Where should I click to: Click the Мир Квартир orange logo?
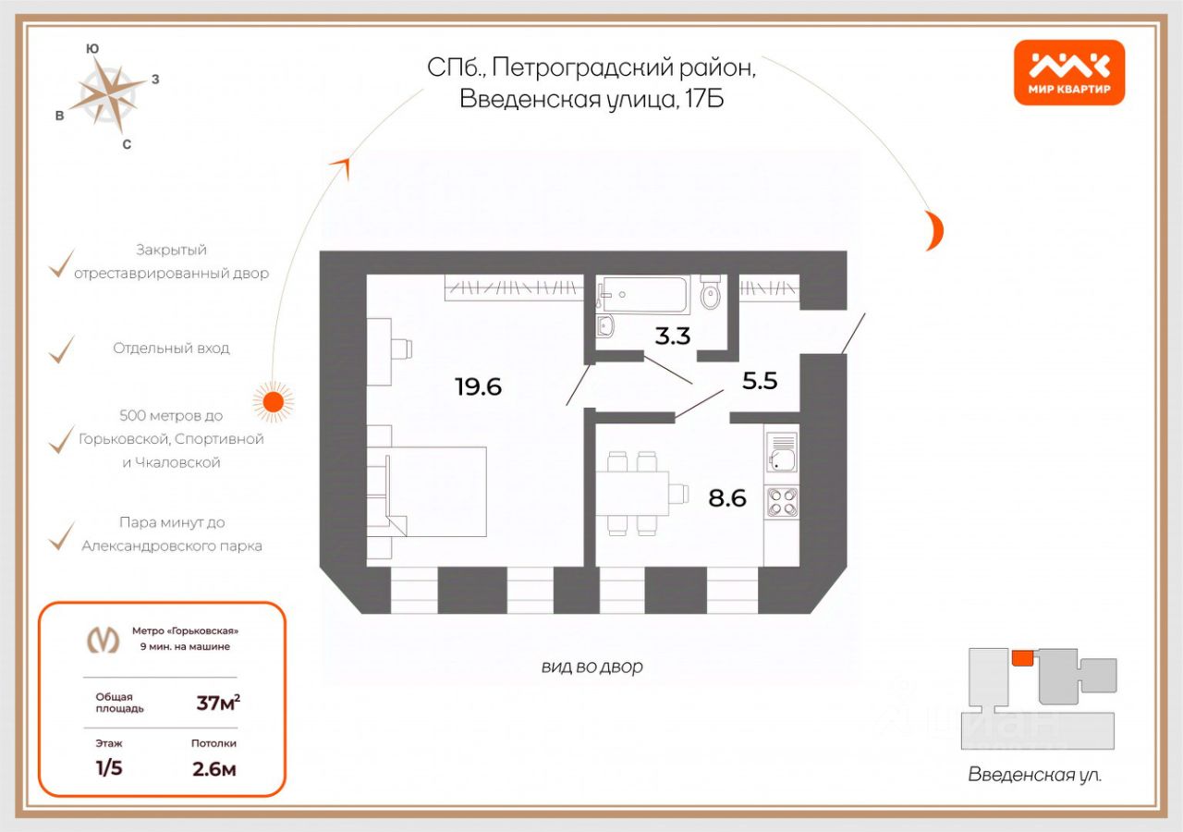(1069, 72)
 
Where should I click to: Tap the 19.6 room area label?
(478, 386)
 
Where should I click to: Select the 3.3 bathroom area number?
(673, 336)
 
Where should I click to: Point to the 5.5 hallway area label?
(760, 381)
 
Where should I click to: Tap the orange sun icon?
(273, 401)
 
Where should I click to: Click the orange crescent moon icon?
(935, 230)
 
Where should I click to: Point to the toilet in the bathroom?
(711, 292)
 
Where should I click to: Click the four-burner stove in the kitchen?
(782, 501)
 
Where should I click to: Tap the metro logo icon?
(103, 639)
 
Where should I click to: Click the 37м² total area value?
(218, 703)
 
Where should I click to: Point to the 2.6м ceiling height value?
(213, 768)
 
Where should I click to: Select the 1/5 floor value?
(109, 768)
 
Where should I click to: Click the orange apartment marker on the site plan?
(1022, 657)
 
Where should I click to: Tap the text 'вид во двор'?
(592, 667)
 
